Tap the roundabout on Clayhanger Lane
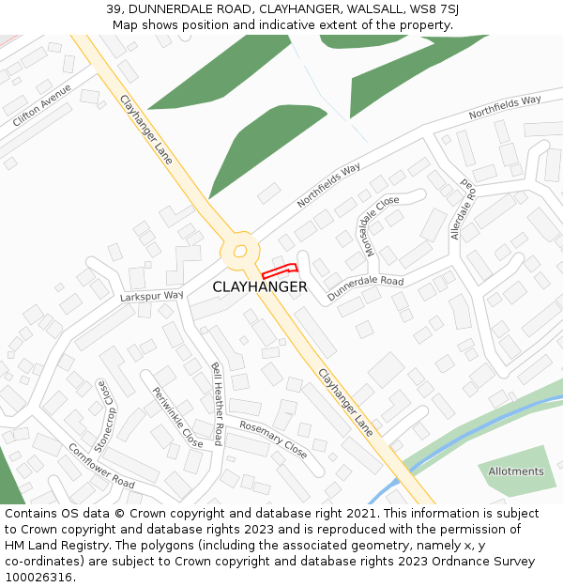(x=240, y=251)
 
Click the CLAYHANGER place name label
(x=259, y=286)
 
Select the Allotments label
(x=515, y=471)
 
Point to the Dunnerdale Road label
(x=365, y=287)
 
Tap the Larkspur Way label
(x=151, y=296)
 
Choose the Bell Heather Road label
(x=217, y=403)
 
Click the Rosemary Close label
(x=273, y=439)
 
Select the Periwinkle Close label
(x=177, y=417)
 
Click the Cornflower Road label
(x=101, y=466)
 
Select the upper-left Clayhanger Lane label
(x=146, y=129)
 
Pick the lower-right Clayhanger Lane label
(x=345, y=402)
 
